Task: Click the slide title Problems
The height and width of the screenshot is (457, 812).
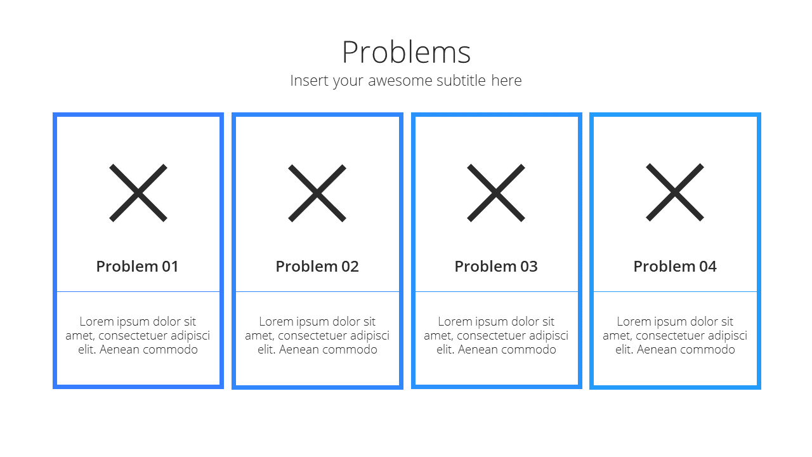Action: tap(407, 52)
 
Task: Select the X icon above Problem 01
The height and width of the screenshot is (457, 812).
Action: tap(138, 192)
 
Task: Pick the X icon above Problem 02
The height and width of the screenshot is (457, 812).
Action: tap(317, 193)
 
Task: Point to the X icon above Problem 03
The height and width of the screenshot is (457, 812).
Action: tap(496, 192)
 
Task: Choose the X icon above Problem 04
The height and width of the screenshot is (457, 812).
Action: tap(675, 192)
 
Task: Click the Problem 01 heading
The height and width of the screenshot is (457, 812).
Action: tap(138, 267)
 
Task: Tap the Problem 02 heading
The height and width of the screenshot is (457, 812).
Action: tap(317, 267)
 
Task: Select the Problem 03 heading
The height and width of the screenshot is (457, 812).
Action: tap(496, 267)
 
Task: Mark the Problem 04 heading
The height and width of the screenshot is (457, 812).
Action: tap(675, 267)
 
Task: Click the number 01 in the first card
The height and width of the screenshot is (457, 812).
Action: tap(170, 267)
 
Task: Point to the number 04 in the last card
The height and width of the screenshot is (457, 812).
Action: tap(708, 267)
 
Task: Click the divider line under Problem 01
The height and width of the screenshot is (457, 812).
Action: tap(138, 291)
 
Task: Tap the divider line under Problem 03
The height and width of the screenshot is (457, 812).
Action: tap(496, 291)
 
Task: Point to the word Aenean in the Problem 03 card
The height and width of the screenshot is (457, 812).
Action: tap(478, 350)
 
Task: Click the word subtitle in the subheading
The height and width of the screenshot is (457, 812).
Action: tap(461, 81)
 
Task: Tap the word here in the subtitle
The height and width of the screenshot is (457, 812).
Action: tap(506, 81)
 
